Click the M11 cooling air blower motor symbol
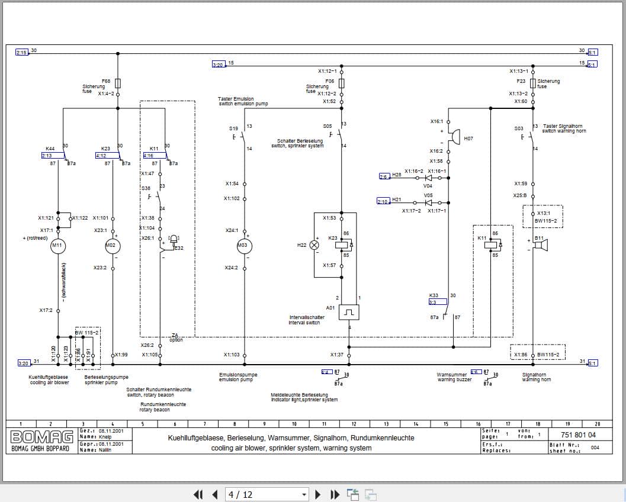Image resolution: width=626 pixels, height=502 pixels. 57,245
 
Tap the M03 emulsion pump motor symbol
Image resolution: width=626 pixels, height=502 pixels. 245,246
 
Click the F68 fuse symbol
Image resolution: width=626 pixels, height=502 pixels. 118,83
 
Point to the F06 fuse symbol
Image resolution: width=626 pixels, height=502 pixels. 341,83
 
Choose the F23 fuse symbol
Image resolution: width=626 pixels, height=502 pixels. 533,83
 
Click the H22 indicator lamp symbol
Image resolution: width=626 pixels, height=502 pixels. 314,244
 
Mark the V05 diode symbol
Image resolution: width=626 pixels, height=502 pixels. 429,202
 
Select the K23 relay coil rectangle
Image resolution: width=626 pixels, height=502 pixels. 342,244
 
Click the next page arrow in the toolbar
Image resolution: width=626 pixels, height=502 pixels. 318,494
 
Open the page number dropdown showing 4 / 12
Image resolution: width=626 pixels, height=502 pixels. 268,494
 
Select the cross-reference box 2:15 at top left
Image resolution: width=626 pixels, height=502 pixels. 21,53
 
